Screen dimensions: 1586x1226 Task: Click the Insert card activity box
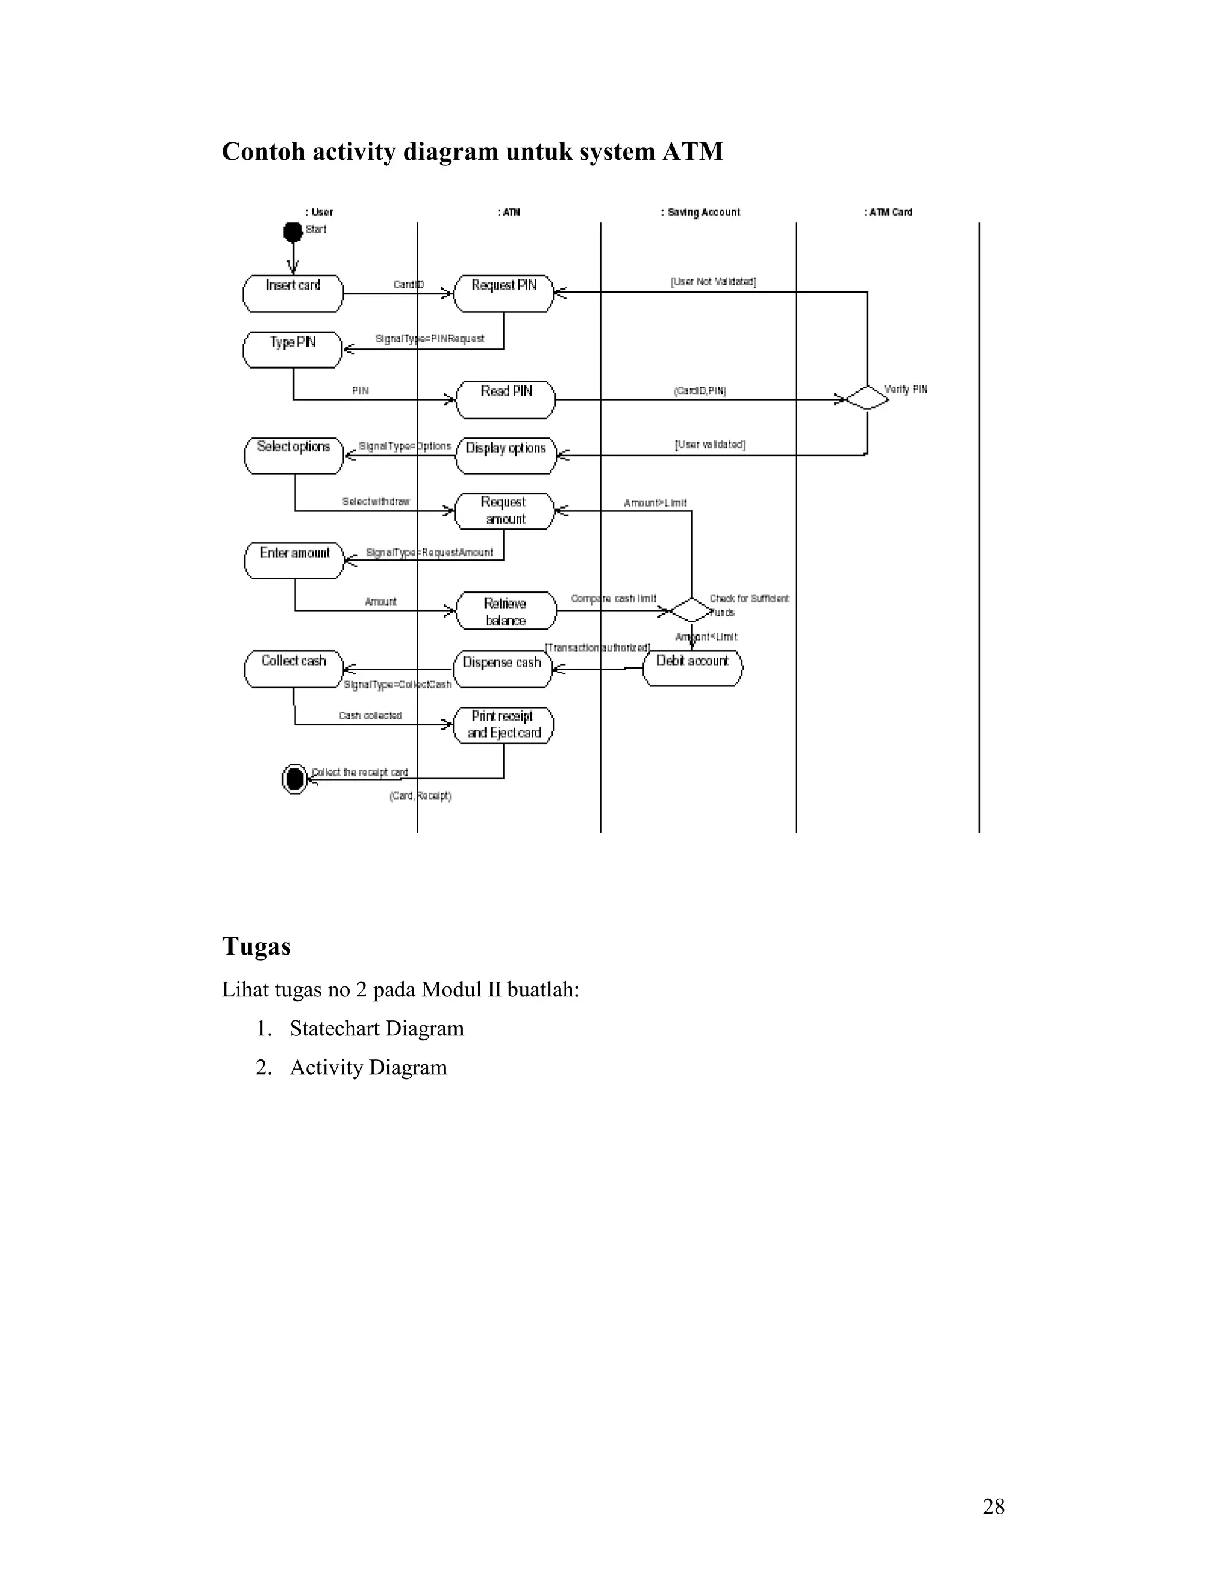pyautogui.click(x=293, y=293)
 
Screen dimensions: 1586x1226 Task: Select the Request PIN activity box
pyautogui.click(x=503, y=293)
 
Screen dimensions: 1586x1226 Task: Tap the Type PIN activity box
pyautogui.click(x=293, y=350)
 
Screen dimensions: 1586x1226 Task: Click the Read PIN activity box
pyautogui.click(x=505, y=399)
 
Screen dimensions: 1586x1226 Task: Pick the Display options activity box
pyautogui.click(x=505, y=455)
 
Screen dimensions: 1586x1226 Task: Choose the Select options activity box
pyautogui.click(x=293, y=455)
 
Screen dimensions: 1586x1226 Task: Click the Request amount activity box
pyautogui.click(x=505, y=511)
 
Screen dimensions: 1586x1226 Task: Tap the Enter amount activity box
pyautogui.click(x=294, y=560)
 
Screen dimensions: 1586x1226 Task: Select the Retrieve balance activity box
pyautogui.click(x=505, y=610)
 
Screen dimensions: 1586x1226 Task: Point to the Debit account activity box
pyautogui.click(x=692, y=667)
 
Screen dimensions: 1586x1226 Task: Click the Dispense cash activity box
pyautogui.click(x=503, y=668)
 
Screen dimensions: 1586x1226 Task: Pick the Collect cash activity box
pyautogui.click(x=293, y=668)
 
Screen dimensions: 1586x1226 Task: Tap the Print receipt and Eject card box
pyautogui.click(x=503, y=725)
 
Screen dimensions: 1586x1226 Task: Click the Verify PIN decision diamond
pyautogui.click(x=867, y=398)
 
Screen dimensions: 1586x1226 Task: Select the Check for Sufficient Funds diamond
pyautogui.click(x=691, y=610)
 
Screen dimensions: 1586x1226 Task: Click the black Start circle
pyautogui.click(x=293, y=232)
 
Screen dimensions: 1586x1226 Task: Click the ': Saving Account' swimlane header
pyautogui.click(x=701, y=212)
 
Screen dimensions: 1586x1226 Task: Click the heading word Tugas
pyautogui.click(x=256, y=946)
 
